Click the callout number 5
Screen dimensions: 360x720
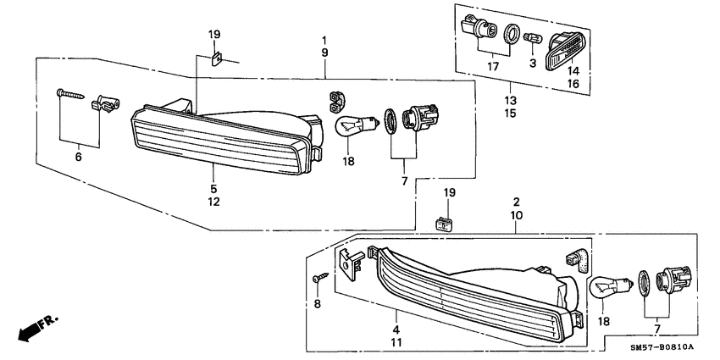pyautogui.click(x=214, y=189)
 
